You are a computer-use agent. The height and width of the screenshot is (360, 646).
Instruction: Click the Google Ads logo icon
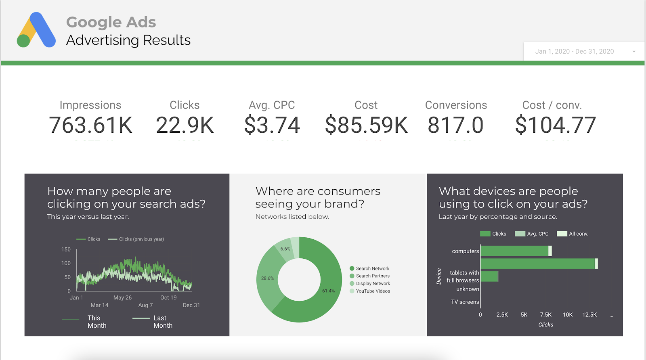click(x=36, y=30)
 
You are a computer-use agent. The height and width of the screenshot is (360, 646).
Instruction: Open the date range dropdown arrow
click(x=634, y=52)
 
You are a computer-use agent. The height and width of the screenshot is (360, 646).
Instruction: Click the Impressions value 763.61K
click(x=90, y=125)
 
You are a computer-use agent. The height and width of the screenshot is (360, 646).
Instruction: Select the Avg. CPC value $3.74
click(x=272, y=125)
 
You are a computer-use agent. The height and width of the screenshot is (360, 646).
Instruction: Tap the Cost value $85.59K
click(x=366, y=125)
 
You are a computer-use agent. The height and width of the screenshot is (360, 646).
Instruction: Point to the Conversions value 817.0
click(x=455, y=125)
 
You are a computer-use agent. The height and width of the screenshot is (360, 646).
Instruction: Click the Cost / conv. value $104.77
click(x=555, y=125)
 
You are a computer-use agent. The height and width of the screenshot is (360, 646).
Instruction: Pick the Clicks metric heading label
click(x=185, y=105)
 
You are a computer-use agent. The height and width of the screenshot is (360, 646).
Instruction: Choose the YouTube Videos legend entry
click(x=373, y=291)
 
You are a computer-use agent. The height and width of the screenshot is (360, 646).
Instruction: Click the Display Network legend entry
click(x=373, y=283)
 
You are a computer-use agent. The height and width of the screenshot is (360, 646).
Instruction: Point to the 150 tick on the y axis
click(x=66, y=249)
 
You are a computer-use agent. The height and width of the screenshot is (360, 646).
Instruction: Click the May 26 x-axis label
click(x=122, y=297)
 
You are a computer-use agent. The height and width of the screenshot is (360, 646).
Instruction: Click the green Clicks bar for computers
click(x=514, y=251)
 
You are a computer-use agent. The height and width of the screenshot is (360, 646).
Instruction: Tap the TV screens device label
click(x=465, y=302)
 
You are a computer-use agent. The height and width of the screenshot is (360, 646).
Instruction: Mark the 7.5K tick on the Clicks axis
click(x=545, y=315)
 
